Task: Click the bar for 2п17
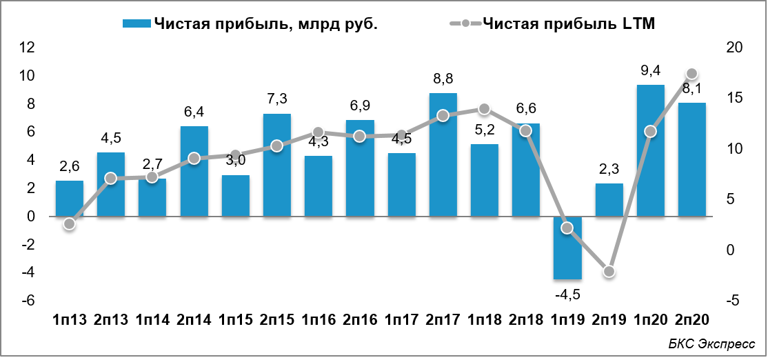(443, 155)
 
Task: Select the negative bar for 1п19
(567, 248)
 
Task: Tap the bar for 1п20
(650, 151)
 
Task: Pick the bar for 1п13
(69, 199)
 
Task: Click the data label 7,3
(276, 99)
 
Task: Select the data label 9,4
(650, 70)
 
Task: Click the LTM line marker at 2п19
(609, 272)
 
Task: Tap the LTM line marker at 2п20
(692, 74)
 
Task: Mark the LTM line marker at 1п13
(69, 223)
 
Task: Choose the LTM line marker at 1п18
(484, 109)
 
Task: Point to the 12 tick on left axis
(28, 48)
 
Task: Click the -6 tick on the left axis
(28, 301)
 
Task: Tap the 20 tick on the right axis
(734, 48)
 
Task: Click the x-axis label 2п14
(194, 320)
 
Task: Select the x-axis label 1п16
(319, 320)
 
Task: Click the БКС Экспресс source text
(711, 344)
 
